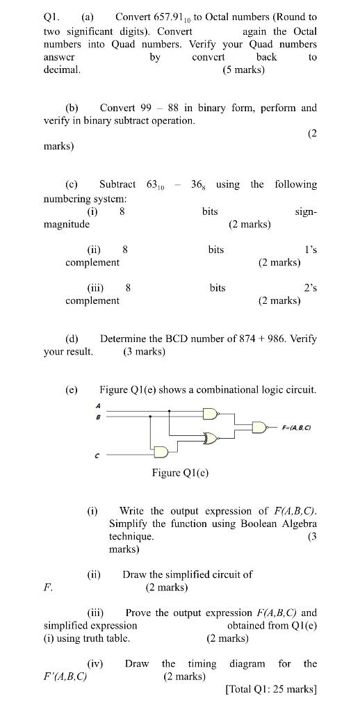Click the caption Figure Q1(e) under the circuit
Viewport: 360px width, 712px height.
[x=180, y=474]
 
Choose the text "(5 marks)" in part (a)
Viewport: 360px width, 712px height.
[x=243, y=70]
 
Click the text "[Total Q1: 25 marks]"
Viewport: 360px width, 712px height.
[x=271, y=690]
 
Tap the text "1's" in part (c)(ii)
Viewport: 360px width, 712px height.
[x=310, y=249]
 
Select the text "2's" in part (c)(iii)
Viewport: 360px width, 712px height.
[x=310, y=287]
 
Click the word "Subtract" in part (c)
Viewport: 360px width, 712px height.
[x=117, y=184]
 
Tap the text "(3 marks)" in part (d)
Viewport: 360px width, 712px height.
[x=145, y=352]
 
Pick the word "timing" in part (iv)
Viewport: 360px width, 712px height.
[x=202, y=663]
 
